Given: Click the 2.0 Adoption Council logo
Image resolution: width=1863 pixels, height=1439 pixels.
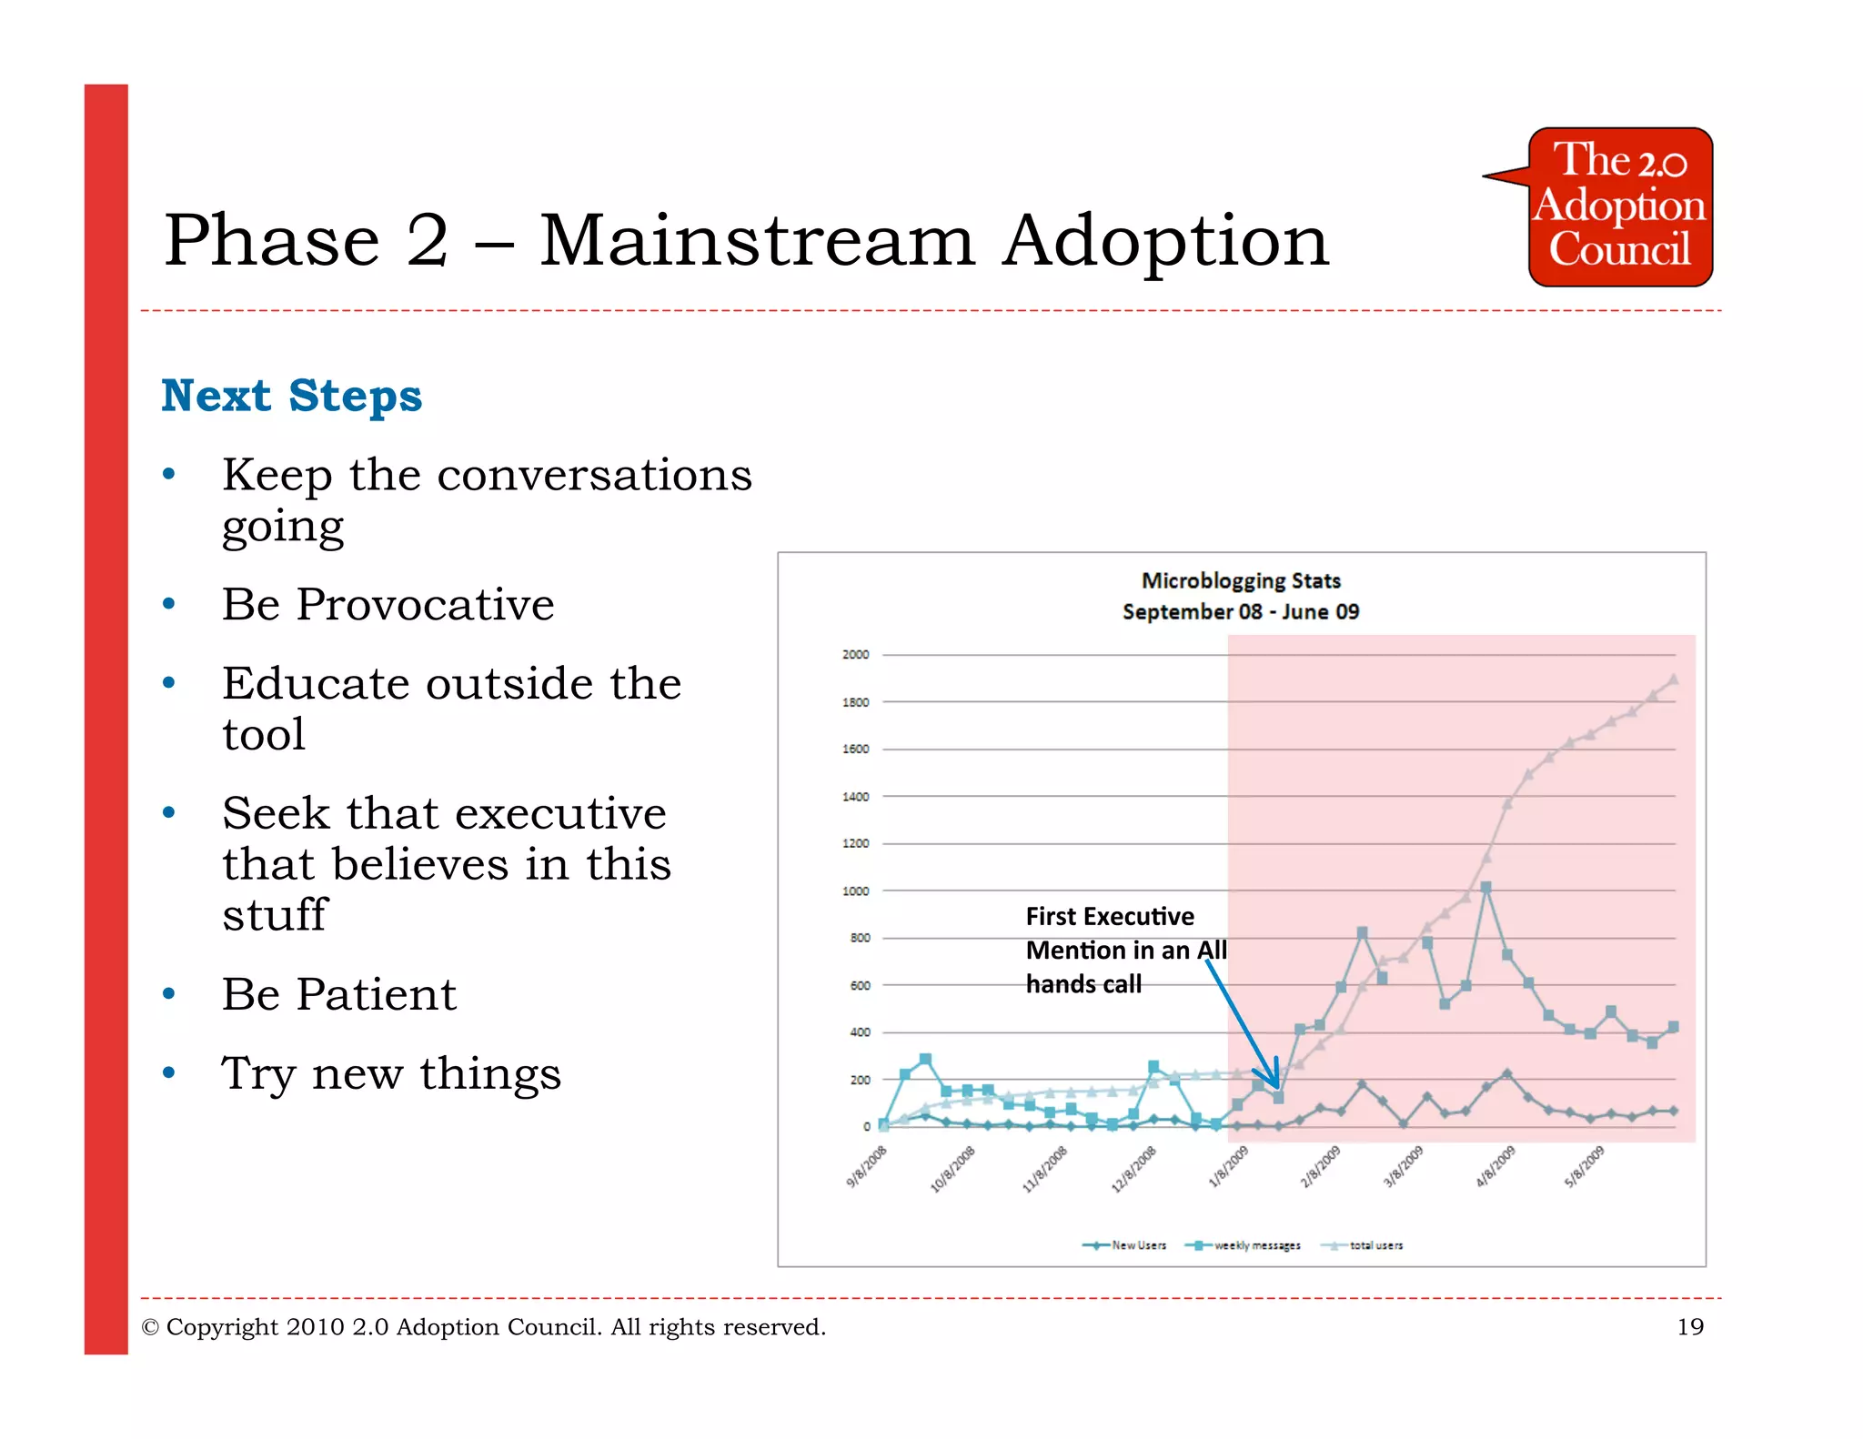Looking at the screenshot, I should click(1620, 206).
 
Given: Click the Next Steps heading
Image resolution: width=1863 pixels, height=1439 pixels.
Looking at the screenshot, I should click(291, 397).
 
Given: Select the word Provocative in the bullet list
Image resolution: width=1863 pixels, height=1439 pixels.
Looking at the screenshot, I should click(425, 604).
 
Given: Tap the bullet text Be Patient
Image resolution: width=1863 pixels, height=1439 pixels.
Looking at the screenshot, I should click(338, 993).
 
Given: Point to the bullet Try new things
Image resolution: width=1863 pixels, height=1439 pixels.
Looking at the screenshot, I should click(391, 1073).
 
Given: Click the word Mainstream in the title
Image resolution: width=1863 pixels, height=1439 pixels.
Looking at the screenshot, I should click(757, 240).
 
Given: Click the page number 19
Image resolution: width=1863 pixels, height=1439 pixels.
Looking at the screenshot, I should click(1689, 1327).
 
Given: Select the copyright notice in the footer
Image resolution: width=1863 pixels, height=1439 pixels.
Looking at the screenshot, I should click(483, 1327).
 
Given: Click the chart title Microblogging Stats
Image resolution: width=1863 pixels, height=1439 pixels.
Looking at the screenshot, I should click(1241, 580).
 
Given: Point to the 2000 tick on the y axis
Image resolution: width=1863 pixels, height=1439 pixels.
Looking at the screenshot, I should click(855, 654).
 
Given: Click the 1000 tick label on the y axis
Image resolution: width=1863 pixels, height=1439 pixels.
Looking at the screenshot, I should click(855, 891).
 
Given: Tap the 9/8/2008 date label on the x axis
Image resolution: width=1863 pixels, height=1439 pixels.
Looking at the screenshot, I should click(866, 1168).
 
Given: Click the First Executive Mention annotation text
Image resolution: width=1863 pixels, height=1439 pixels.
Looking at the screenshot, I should click(1125, 950).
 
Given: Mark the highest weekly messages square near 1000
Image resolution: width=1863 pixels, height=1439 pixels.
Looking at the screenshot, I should click(1485, 887).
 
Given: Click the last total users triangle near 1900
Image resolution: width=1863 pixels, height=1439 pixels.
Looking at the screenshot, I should click(1673, 679).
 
